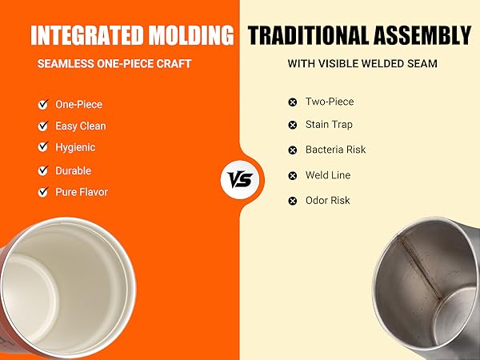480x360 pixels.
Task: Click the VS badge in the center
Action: (240, 178)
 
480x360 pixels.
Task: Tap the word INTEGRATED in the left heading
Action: (86, 35)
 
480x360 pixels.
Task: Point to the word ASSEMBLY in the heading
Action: (424, 35)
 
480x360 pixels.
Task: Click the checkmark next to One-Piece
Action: (42, 104)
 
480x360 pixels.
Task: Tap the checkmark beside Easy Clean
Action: (42, 126)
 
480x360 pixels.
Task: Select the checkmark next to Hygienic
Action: (42, 147)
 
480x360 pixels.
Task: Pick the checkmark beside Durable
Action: (42, 170)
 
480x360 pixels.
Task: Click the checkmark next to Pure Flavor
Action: (42, 192)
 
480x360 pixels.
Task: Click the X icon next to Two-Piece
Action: (293, 102)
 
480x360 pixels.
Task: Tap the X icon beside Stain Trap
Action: (293, 125)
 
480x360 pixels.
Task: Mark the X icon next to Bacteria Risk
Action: (293, 150)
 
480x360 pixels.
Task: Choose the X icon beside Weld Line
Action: (293, 175)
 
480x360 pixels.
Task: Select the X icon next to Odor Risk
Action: (293, 201)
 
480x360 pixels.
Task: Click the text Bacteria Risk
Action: (335, 150)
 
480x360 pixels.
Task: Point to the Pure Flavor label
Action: (81, 192)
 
